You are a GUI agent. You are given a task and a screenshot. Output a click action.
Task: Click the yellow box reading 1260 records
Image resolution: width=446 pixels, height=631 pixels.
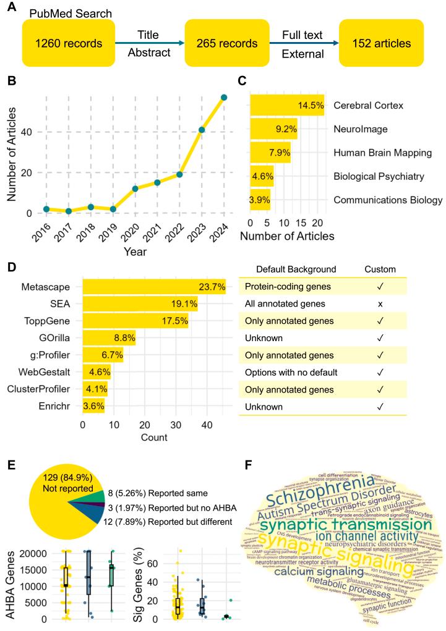[x=68, y=44]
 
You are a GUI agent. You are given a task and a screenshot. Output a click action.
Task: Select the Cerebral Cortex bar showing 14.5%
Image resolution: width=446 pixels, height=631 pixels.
[x=288, y=106]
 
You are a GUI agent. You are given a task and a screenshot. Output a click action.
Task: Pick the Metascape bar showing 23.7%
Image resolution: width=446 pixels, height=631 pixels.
[x=154, y=287]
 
